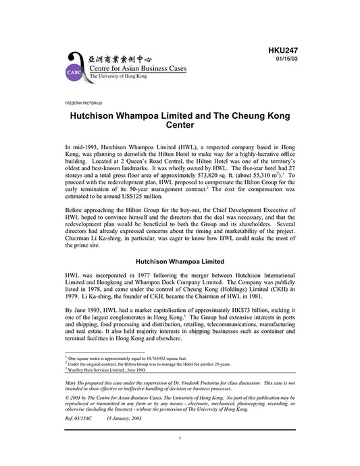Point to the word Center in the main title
click(180, 125)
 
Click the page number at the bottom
click(180, 457)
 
